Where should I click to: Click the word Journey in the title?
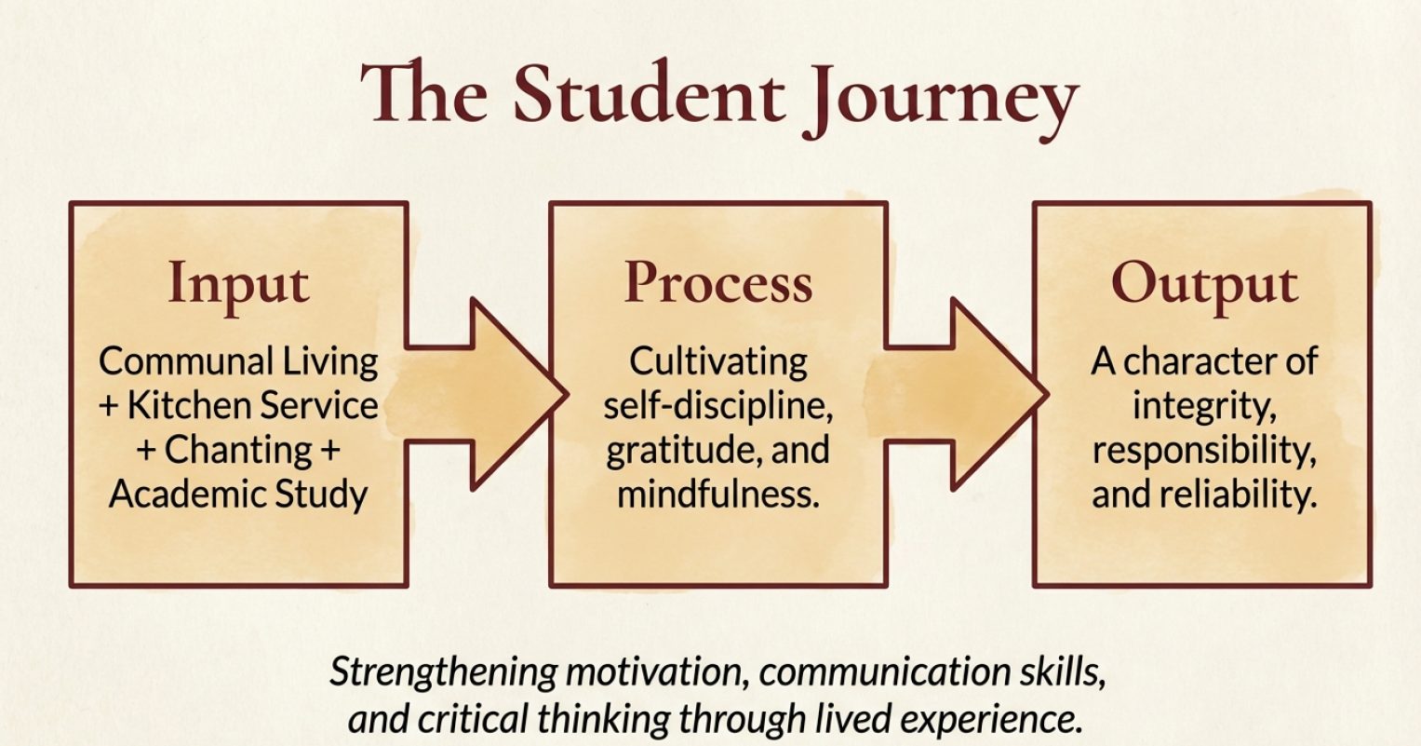coord(940,101)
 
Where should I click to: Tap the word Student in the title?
coord(649,94)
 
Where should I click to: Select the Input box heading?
coord(238,285)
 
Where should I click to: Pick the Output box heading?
coord(1204,285)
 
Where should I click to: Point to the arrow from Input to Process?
coord(488,394)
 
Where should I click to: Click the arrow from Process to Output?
coord(968,394)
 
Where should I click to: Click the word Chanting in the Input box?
coord(238,450)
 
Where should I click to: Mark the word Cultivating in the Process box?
coord(718,361)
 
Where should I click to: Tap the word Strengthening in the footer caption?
coord(444,672)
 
